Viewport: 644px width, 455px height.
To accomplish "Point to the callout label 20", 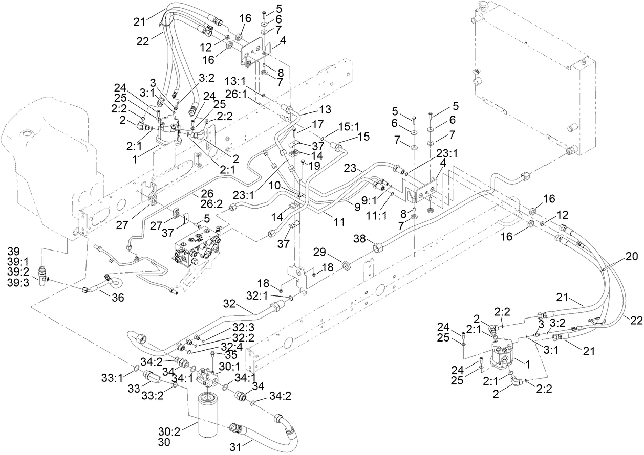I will click(632, 257).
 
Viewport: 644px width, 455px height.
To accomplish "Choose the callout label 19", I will click(313, 165).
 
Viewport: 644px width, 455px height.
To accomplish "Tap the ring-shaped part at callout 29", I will click(346, 265).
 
